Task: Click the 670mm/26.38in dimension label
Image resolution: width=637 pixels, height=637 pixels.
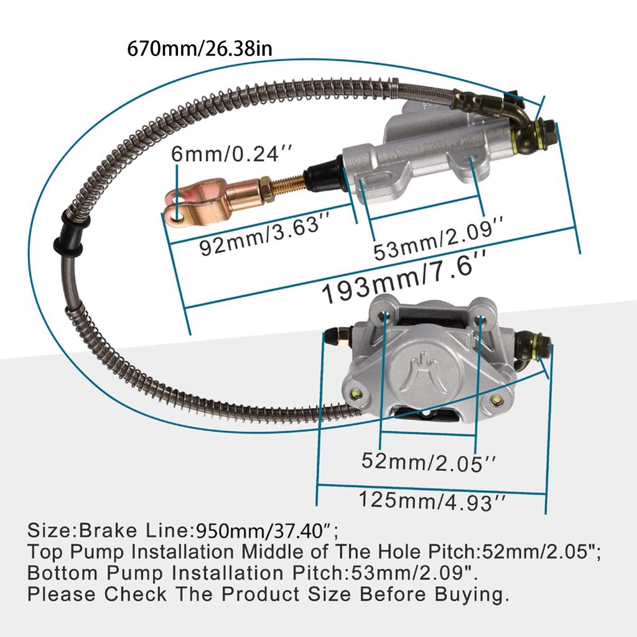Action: pos(199,48)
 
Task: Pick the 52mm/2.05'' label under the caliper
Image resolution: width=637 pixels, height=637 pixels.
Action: pos(429,461)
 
